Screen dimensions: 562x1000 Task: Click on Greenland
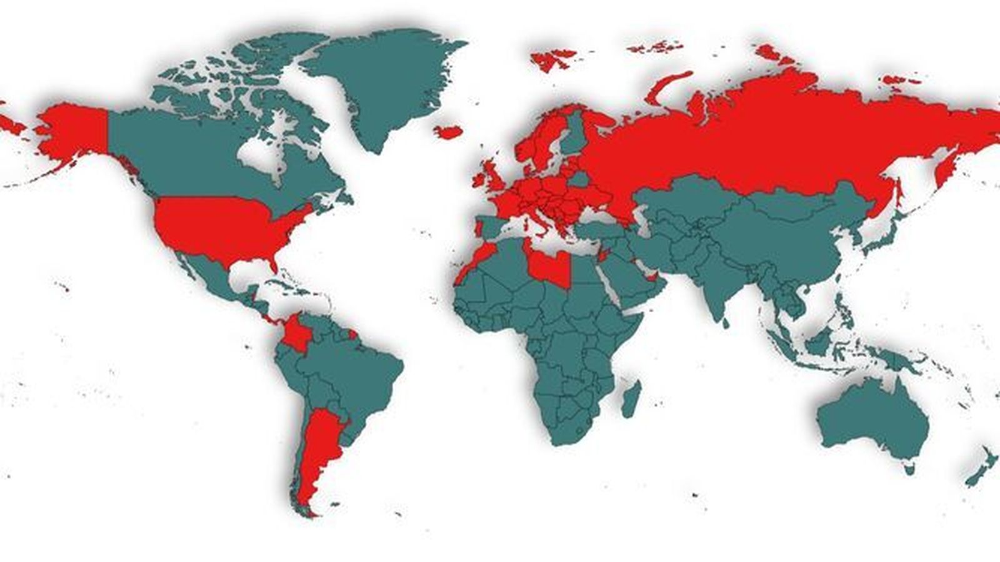(x=381, y=87)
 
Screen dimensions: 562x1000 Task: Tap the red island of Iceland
(x=449, y=132)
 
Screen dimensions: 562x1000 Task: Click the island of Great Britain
(x=491, y=178)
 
